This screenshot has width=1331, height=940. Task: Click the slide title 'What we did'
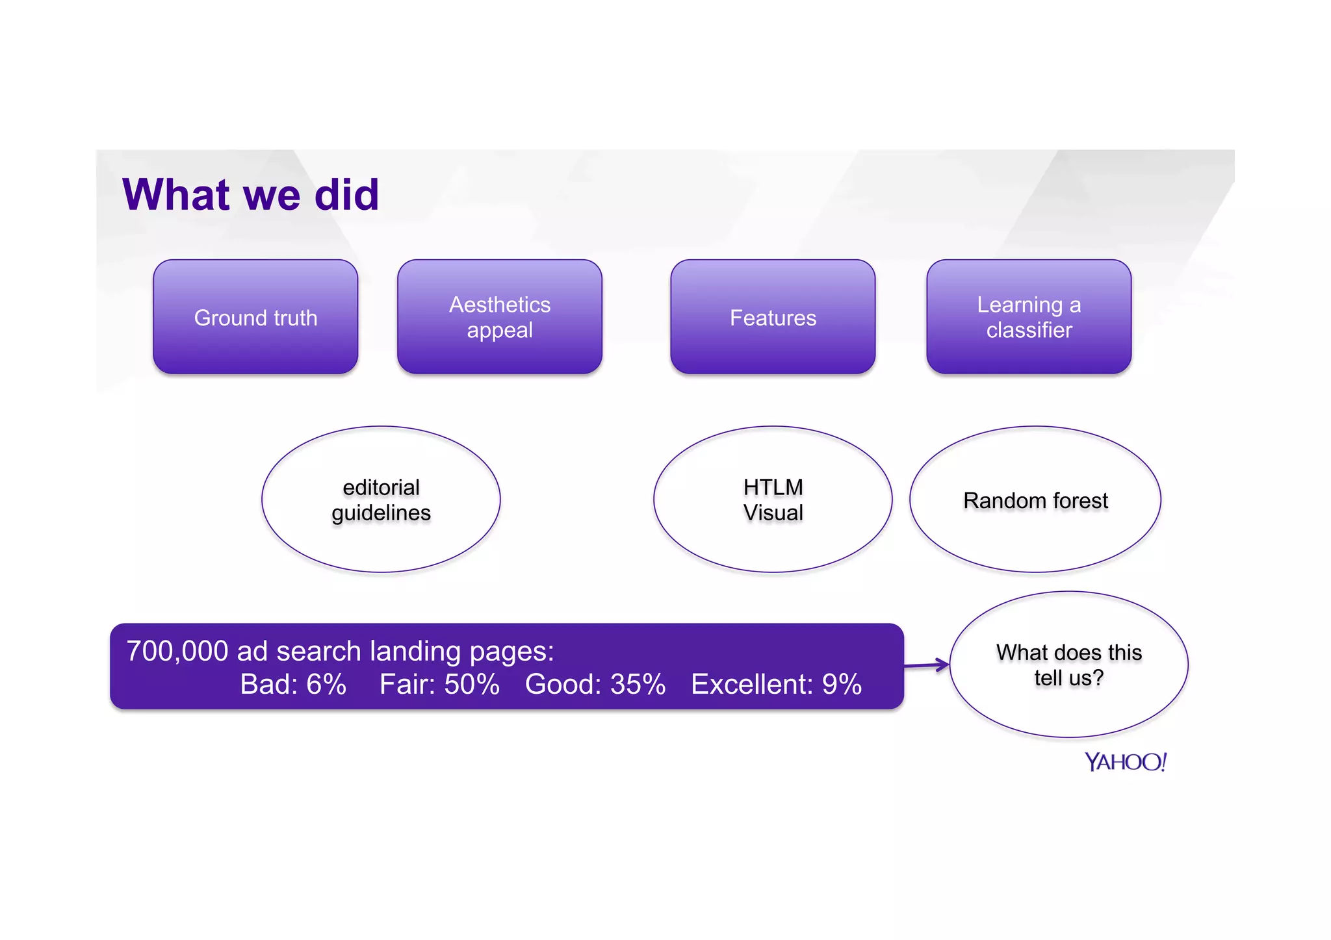250,194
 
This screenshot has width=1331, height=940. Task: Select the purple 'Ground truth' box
255,317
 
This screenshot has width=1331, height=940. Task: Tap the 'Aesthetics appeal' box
499,317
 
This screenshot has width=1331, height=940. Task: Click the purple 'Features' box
773,317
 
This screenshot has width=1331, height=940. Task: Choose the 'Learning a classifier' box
1029,317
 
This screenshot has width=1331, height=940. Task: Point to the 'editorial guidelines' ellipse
381,500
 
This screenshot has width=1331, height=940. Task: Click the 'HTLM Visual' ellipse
773,500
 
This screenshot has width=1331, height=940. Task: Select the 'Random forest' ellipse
1035,500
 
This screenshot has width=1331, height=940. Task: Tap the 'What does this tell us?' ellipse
1068,665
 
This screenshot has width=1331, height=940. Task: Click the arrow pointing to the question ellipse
927,665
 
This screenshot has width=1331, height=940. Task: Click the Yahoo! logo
1126,761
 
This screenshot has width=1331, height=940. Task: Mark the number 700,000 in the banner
177,651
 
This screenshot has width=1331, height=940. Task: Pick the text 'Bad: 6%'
293,684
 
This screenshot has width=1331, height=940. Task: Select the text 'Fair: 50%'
439,684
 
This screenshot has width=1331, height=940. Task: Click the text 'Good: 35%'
595,684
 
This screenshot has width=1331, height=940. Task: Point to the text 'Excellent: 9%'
776,684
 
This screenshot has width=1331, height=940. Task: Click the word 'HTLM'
773,487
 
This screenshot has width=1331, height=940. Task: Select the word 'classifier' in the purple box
1029,330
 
